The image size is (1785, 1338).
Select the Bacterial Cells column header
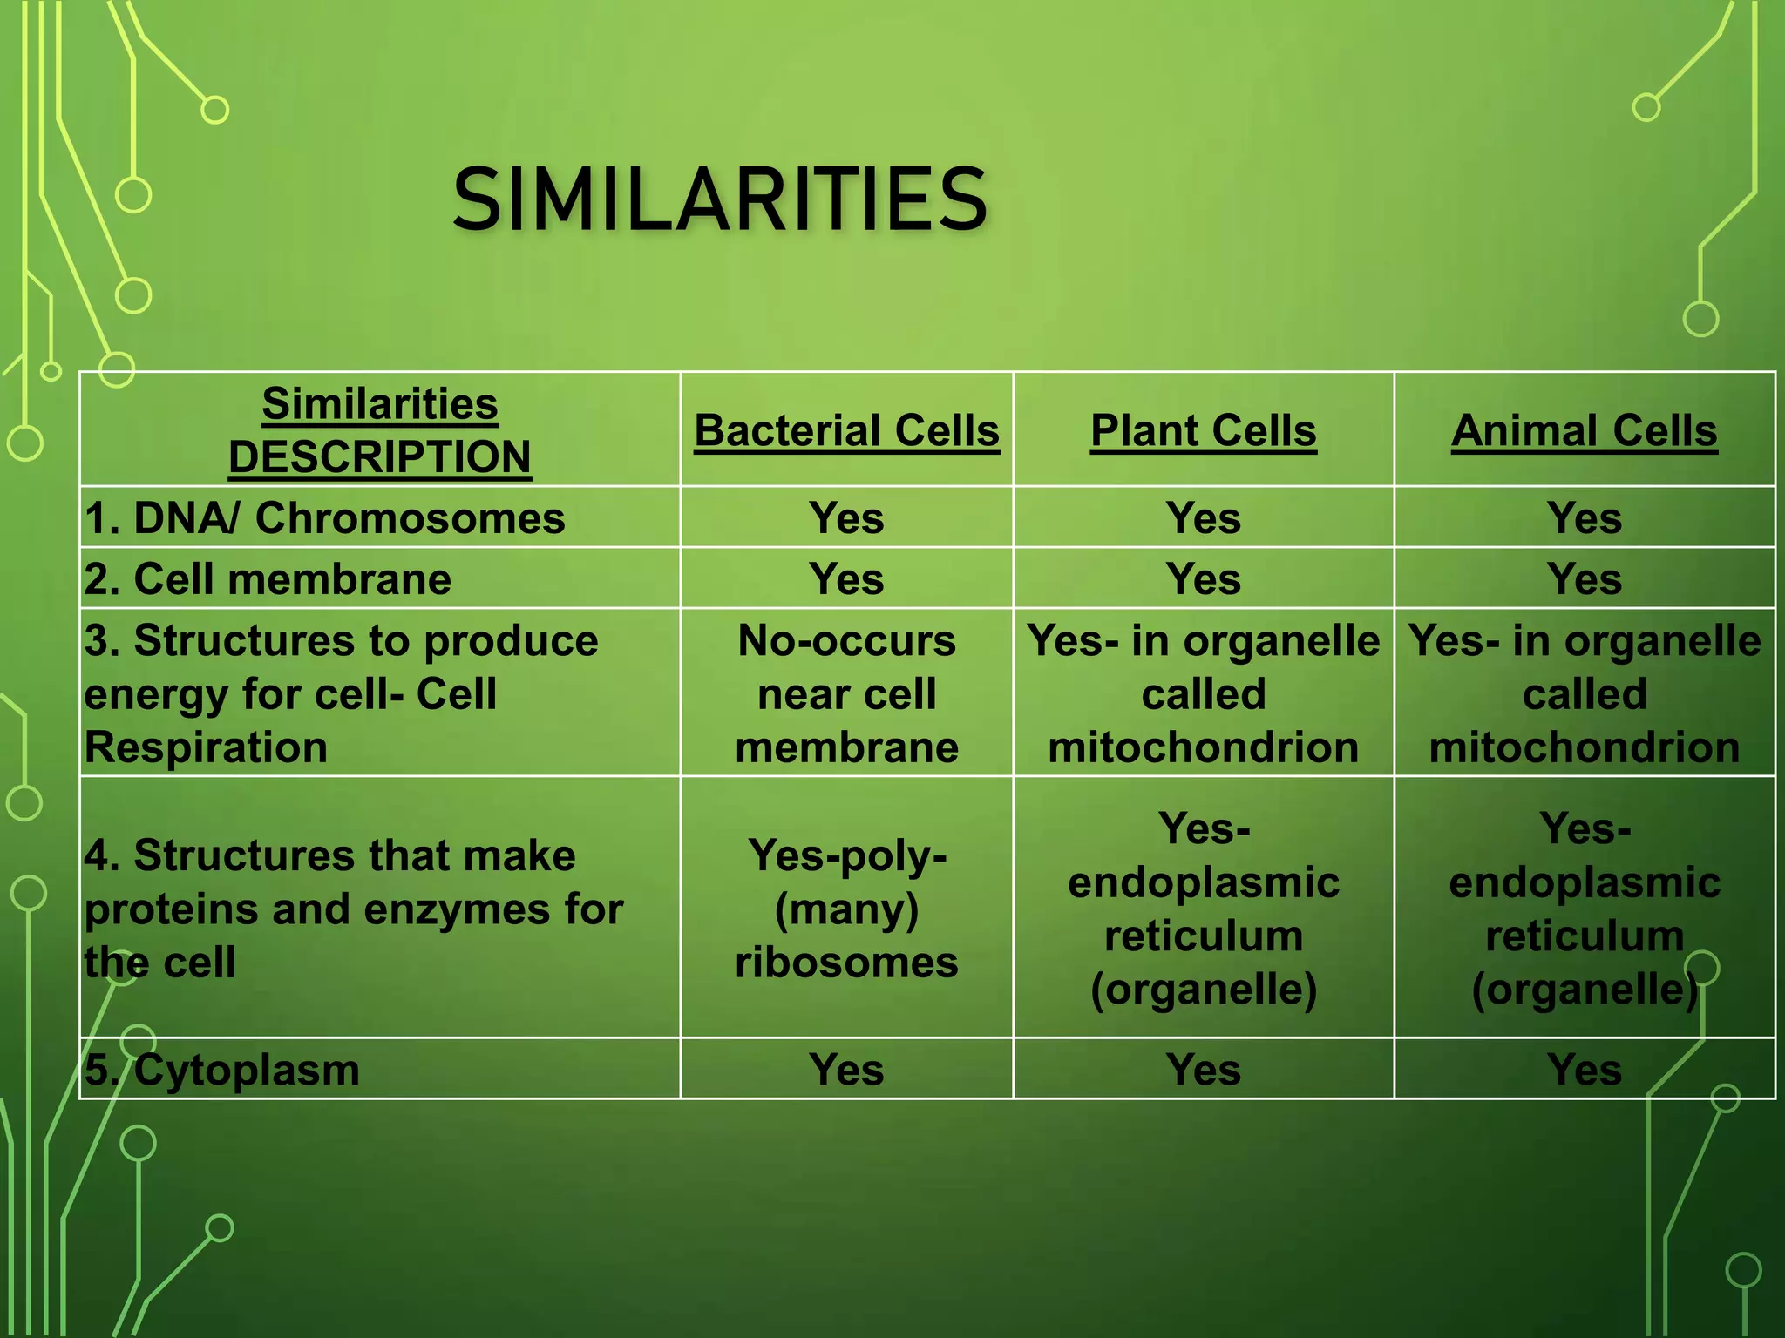click(846, 430)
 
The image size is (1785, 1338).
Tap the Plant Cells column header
click(1203, 430)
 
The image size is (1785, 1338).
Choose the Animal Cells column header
click(1584, 430)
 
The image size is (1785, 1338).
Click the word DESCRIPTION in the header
click(379, 457)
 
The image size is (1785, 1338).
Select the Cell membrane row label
click(268, 579)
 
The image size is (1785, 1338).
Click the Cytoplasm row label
click(222, 1070)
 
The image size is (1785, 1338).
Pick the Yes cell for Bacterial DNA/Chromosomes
click(846, 518)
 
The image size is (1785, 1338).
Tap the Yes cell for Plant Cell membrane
click(1203, 579)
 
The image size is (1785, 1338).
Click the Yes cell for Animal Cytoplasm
click(1584, 1070)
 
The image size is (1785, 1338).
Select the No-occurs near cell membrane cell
click(846, 693)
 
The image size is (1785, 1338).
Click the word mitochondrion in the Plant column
click(1203, 747)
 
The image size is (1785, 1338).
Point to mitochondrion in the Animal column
click(1584, 747)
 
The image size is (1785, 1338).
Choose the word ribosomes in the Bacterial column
click(846, 963)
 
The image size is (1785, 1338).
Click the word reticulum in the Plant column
click(1203, 936)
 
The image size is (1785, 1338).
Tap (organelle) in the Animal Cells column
click(1584, 990)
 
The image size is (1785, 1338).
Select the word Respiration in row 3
click(206, 747)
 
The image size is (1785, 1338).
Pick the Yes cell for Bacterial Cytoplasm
click(846, 1070)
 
